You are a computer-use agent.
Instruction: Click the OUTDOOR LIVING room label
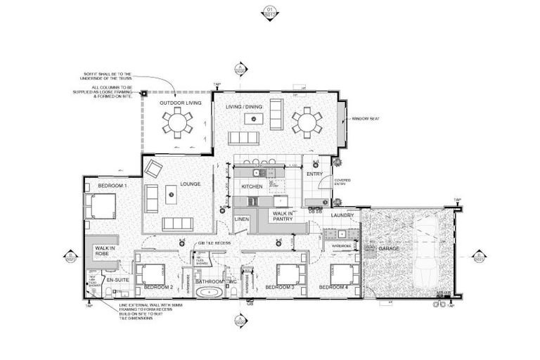180,103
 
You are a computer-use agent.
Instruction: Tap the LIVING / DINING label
243,107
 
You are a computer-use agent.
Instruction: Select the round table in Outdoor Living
176,124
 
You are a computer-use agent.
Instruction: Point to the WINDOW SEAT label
366,120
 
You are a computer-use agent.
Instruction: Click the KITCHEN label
252,186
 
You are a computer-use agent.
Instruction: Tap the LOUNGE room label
190,184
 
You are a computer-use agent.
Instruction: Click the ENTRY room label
314,173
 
